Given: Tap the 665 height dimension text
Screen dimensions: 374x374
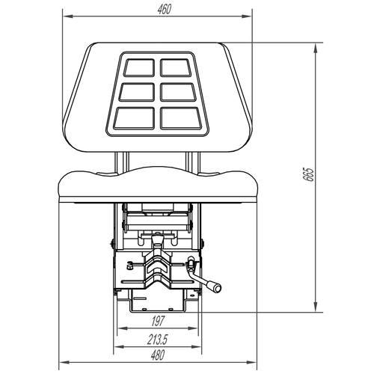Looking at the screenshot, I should click(307, 177).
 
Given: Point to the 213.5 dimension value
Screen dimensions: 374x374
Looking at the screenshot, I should click(156, 339).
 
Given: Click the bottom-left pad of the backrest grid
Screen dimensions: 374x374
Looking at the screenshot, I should click(132, 118).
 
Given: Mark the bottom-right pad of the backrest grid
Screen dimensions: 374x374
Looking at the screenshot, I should click(180, 118).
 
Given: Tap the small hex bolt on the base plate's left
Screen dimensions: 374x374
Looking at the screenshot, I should click(130, 264).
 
